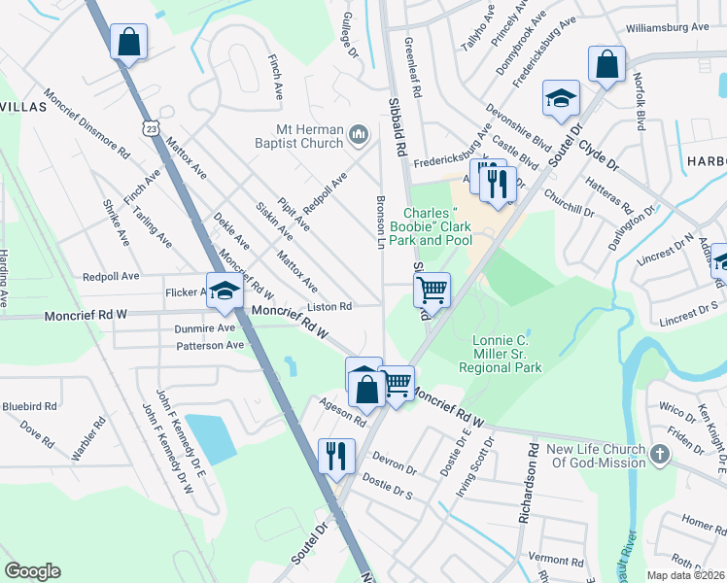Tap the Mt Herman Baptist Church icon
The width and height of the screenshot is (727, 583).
pos(358,133)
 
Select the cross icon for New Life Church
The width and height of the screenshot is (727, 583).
pos(659,454)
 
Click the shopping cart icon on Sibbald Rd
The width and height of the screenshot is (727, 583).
pos(432,289)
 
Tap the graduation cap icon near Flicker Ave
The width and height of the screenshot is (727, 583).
pos(225,292)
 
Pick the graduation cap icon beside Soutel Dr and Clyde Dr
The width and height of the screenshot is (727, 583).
pos(560,98)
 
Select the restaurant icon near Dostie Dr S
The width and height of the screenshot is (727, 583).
pos(336,454)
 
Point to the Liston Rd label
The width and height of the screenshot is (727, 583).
pos(330,306)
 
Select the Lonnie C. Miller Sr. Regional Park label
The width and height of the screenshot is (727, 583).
pos(505,355)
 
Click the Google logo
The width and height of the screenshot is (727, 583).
pos(32,570)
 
